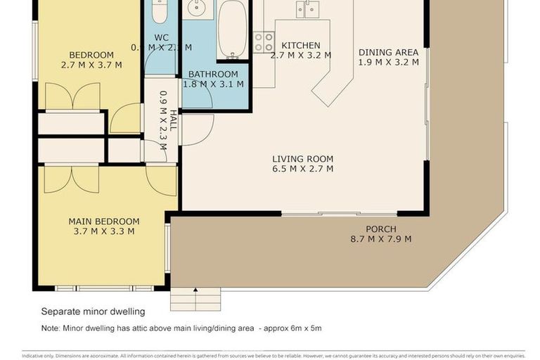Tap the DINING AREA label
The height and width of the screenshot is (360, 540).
(388, 53)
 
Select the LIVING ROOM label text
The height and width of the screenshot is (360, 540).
(302, 159)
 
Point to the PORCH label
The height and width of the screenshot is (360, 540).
(380, 229)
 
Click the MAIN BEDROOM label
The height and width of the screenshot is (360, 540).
(104, 221)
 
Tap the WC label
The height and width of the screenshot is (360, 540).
(160, 38)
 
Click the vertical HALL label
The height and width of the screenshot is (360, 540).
(173, 120)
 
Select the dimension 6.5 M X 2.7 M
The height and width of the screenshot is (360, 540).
(302, 169)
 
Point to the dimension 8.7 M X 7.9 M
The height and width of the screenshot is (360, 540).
(380, 239)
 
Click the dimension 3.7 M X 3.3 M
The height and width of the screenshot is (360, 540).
(104, 231)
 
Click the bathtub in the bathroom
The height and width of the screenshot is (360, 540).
(232, 28)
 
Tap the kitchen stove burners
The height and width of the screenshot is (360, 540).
(264, 43)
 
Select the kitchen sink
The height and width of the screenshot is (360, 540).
(307, 8)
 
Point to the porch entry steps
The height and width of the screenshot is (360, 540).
(195, 300)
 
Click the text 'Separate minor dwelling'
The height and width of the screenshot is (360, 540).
(93, 311)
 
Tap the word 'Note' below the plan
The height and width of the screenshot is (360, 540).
(49, 328)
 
